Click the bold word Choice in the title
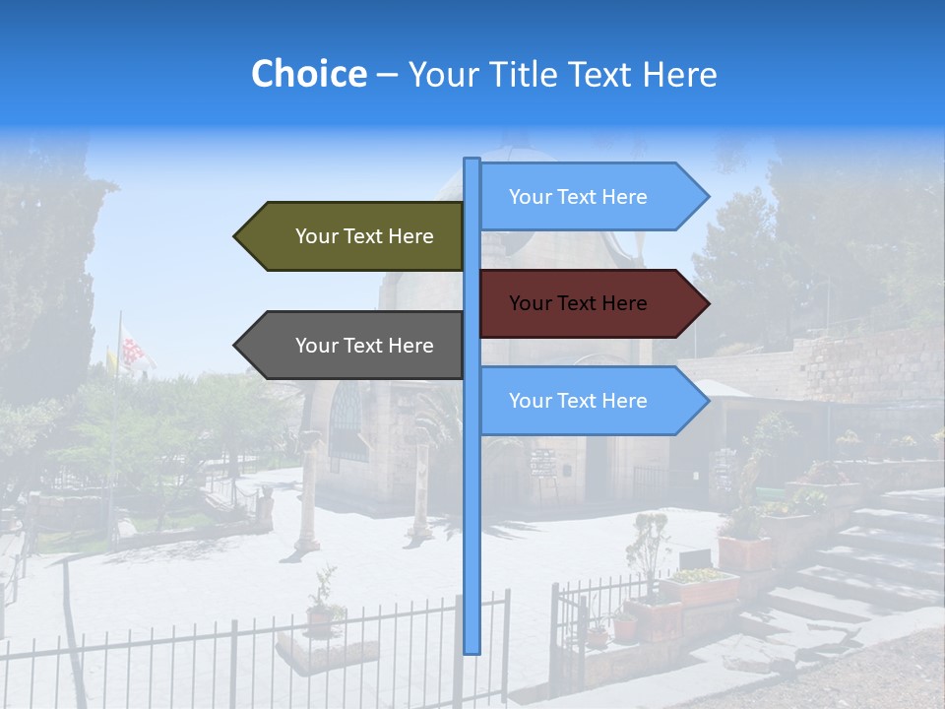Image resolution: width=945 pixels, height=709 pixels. (x=308, y=74)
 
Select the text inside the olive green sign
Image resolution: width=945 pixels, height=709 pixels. (x=364, y=236)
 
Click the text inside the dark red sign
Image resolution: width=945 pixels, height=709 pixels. (x=578, y=303)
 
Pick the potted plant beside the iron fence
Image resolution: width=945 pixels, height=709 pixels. (x=320, y=606)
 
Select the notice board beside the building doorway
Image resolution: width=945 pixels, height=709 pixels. (x=543, y=463)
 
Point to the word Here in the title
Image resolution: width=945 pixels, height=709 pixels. (x=679, y=74)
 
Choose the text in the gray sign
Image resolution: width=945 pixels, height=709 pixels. (x=364, y=346)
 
